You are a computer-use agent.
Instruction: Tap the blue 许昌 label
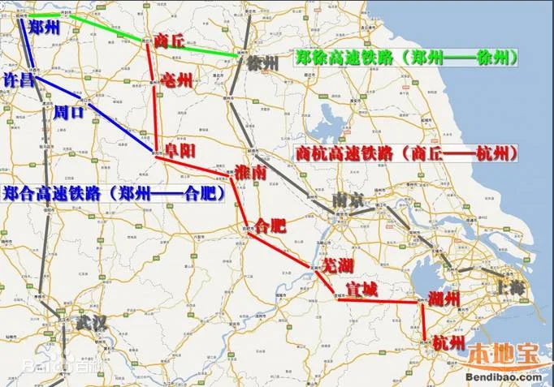19,81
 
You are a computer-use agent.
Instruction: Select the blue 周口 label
68,113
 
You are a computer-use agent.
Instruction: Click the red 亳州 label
177,80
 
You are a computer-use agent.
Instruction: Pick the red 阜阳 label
180,150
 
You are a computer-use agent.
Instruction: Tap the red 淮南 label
227,173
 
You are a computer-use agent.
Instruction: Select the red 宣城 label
362,290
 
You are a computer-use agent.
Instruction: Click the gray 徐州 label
264,64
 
